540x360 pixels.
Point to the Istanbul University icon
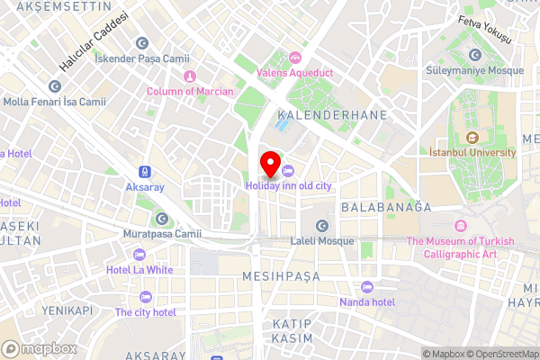472,138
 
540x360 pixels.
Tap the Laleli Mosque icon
321,225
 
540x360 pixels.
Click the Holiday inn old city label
289,185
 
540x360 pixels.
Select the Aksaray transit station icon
144,171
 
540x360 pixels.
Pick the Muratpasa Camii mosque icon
161,218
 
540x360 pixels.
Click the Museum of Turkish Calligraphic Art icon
461,225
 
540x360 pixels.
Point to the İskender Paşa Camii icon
141,42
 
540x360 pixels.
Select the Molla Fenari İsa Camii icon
55,86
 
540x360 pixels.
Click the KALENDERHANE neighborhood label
332,115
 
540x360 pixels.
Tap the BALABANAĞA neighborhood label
386,207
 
